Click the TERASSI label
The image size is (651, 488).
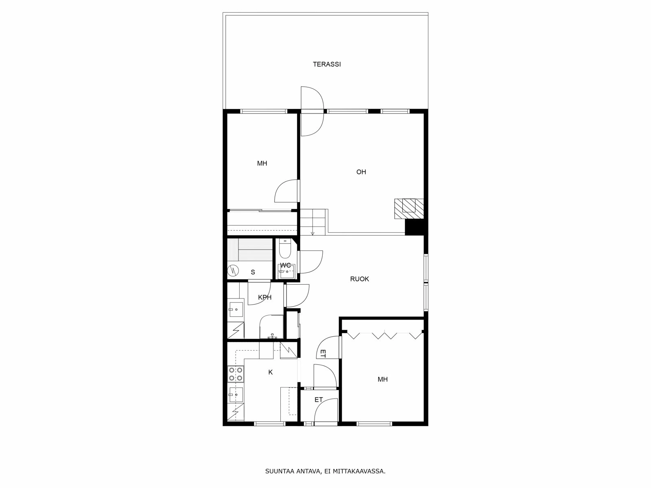[x=327, y=64]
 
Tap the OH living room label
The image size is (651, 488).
[x=361, y=172]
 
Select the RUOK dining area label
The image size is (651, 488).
[x=360, y=279]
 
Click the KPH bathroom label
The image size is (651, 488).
[x=264, y=297]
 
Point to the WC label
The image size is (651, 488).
[x=286, y=266]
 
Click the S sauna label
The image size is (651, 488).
[x=253, y=272]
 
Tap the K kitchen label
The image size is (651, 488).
[x=271, y=372]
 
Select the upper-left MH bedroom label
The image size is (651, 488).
[x=262, y=163]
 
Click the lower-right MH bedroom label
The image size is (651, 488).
[x=382, y=379]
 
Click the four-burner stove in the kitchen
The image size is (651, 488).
[x=236, y=374]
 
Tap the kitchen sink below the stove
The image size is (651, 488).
[x=236, y=394]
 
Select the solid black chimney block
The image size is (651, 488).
[x=415, y=228]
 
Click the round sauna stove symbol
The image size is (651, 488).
[x=233, y=270]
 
